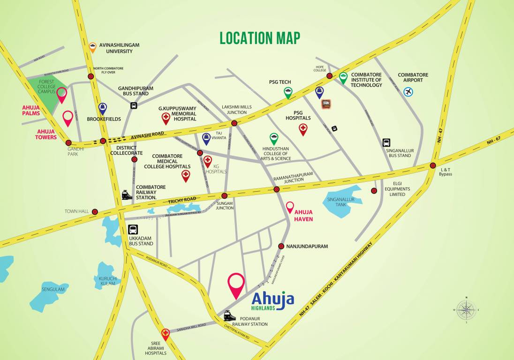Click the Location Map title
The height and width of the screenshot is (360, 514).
(x=260, y=38)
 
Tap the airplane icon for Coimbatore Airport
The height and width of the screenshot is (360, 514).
(x=408, y=92)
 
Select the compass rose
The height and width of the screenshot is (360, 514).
(x=466, y=309)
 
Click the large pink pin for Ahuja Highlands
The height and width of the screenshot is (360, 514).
(x=236, y=284)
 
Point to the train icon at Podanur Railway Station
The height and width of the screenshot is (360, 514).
(x=229, y=315)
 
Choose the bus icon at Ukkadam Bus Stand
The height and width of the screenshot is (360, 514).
(x=133, y=230)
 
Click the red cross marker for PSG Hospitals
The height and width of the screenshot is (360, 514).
(x=303, y=129)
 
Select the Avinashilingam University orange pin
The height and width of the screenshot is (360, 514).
(x=93, y=46)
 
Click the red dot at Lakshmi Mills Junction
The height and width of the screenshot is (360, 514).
(x=234, y=123)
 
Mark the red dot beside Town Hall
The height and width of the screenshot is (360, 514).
(x=95, y=212)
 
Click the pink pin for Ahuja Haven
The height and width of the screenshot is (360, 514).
(x=290, y=206)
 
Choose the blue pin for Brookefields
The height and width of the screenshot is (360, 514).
(x=103, y=109)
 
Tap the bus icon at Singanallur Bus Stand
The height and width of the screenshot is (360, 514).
(x=386, y=142)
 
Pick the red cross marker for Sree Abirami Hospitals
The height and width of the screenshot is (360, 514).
(x=165, y=334)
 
